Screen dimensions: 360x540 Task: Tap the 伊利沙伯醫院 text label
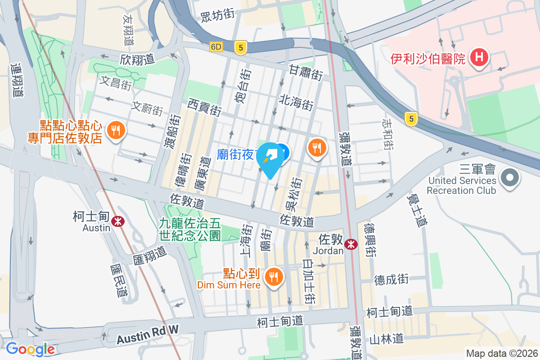coord(427,58)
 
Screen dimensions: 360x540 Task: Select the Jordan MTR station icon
coord(351,244)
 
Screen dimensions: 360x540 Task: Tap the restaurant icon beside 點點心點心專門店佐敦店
coord(116,130)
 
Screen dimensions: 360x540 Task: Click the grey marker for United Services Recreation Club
coord(509,177)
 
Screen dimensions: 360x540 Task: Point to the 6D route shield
coord(216,47)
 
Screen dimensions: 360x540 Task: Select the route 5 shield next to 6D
coord(241,47)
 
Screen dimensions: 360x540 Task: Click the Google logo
coord(30,349)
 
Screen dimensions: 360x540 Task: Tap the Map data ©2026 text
coord(501,353)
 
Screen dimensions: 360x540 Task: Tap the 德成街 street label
coord(391,279)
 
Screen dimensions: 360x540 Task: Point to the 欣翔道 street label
coord(137,58)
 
